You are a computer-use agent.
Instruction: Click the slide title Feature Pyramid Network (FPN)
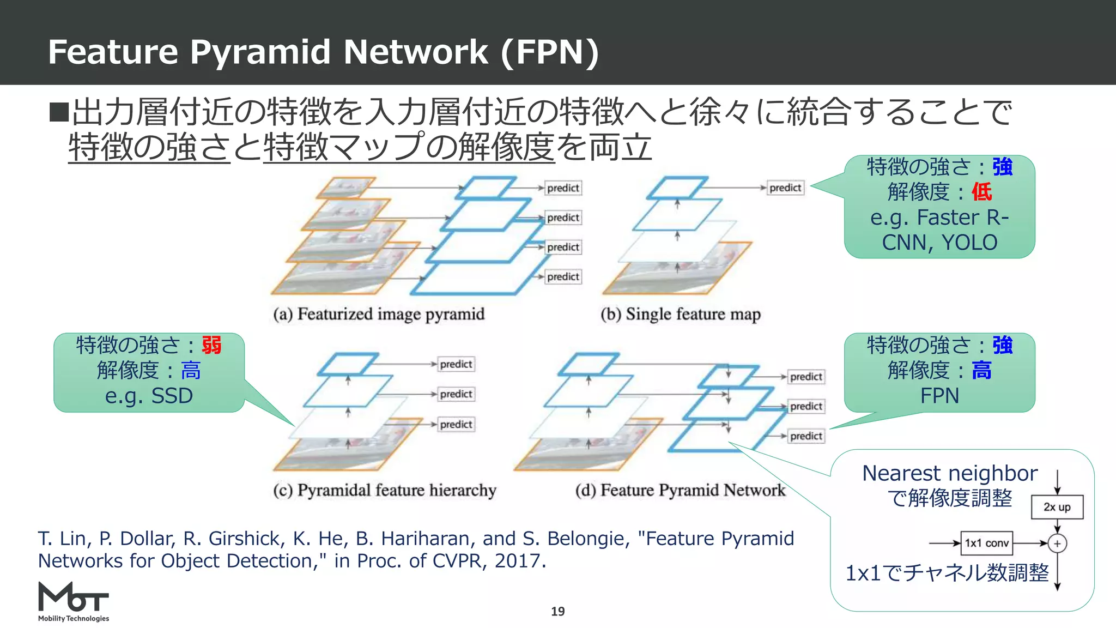tap(323, 52)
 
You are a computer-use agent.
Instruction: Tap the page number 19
tap(557, 612)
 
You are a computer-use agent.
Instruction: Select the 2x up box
tap(1057, 507)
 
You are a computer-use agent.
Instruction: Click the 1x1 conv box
tap(986, 543)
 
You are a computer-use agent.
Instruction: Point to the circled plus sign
tap(1057, 544)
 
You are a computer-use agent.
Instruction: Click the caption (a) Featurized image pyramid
tap(379, 315)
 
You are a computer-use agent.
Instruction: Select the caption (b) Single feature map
tap(681, 315)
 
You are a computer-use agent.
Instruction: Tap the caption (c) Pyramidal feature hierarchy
tap(385, 491)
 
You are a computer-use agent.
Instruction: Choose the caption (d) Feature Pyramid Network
tap(680, 491)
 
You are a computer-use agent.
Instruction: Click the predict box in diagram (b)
tap(785, 188)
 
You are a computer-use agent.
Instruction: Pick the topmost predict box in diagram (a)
tap(563, 188)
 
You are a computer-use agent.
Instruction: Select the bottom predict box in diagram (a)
tap(563, 277)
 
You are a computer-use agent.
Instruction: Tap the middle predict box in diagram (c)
tap(456, 394)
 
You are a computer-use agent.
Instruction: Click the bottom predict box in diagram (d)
tap(806, 436)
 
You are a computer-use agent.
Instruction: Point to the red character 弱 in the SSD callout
tap(211, 346)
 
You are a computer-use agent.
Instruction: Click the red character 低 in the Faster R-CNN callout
tap(981, 192)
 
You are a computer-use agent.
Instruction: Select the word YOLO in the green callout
tap(969, 243)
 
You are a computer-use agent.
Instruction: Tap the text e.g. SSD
tap(149, 396)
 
